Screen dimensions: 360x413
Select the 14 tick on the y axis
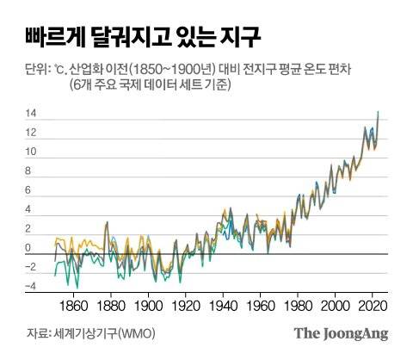(x=30, y=114)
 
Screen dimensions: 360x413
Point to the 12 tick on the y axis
(x=30, y=133)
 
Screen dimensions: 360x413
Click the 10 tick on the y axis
(x=30, y=152)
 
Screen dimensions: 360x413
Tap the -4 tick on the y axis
(x=30, y=287)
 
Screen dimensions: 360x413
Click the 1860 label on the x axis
(x=75, y=305)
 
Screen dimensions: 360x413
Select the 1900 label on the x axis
(x=149, y=305)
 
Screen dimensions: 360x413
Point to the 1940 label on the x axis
(x=223, y=305)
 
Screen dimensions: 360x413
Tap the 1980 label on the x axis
(x=297, y=305)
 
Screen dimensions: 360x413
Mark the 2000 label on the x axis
(x=334, y=305)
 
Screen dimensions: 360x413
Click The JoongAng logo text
(x=342, y=333)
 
